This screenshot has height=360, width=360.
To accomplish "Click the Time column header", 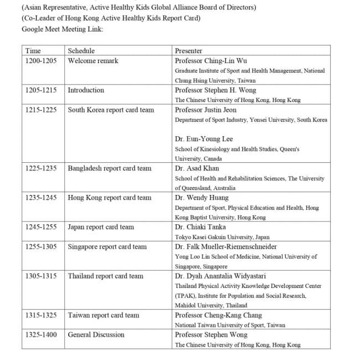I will [x=33, y=51].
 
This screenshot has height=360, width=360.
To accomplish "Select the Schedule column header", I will [x=81, y=51].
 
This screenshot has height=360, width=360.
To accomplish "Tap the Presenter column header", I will [x=188, y=51].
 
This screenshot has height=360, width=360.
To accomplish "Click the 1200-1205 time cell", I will [x=41, y=61].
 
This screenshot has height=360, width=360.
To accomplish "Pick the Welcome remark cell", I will [x=93, y=61].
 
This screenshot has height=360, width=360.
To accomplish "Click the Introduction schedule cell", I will [x=86, y=90].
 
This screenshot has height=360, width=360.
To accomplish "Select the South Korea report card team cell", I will [x=111, y=110].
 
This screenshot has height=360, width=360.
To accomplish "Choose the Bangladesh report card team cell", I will [x=110, y=168].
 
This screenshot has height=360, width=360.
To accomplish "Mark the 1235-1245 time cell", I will [x=41, y=198].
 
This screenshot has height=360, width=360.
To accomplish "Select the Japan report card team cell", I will [x=101, y=227].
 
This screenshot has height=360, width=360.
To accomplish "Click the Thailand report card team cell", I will [x=105, y=276].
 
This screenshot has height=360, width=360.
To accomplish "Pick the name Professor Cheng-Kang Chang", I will [x=219, y=315].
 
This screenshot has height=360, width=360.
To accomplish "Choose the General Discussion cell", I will [x=96, y=335].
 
